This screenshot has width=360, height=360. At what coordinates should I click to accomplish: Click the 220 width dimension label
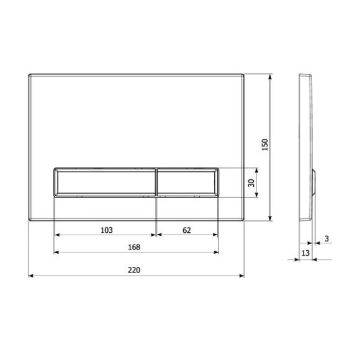134,270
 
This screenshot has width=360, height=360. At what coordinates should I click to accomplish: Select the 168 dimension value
134,247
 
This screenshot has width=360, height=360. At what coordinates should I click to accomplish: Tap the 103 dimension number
107,230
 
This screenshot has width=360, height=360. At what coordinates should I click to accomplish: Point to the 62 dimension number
187,230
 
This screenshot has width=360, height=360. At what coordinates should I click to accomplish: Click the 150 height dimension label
265,145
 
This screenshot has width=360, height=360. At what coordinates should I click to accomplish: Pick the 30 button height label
251,183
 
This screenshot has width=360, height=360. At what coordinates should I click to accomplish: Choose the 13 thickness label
305,253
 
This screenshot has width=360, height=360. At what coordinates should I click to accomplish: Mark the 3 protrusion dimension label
326,238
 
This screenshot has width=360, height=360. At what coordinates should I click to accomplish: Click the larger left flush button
105,182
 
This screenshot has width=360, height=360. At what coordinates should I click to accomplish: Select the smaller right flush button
187,182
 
